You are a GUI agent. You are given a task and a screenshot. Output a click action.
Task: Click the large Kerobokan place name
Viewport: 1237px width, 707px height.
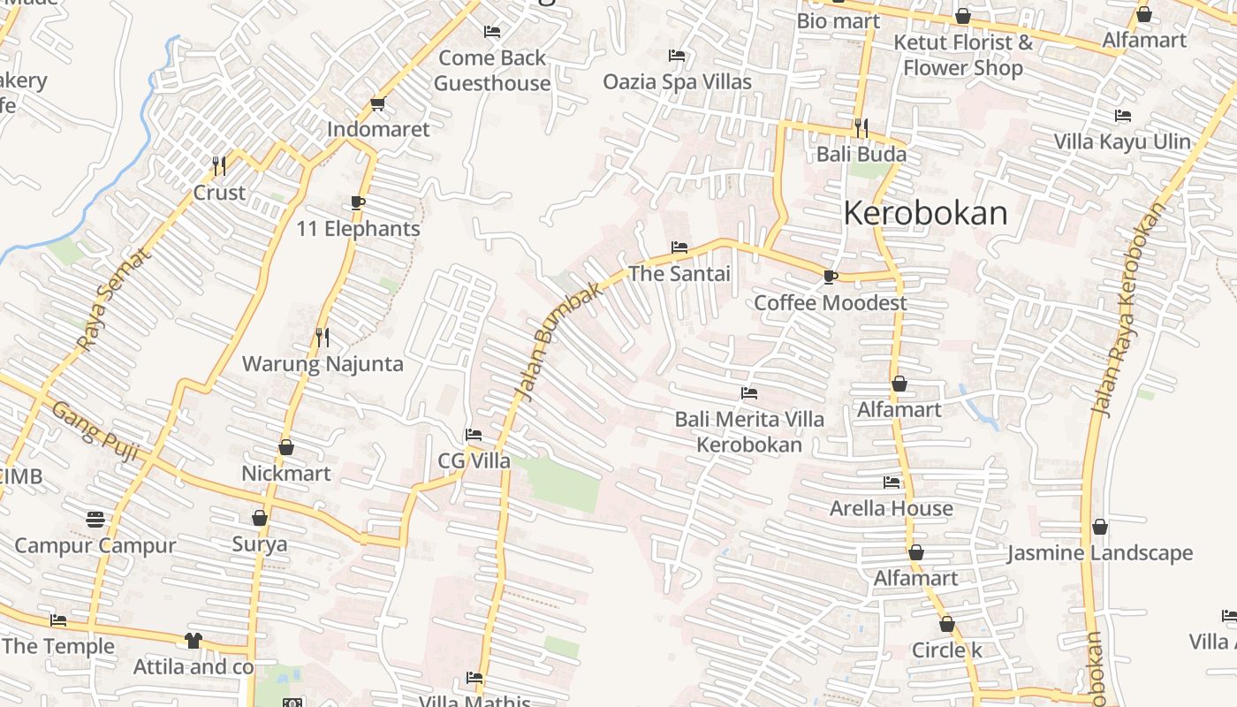click(x=925, y=213)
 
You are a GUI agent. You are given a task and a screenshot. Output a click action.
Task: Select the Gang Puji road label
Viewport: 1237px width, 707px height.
click(x=95, y=431)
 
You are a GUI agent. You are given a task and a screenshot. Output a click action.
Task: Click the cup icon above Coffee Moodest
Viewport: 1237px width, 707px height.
click(x=830, y=277)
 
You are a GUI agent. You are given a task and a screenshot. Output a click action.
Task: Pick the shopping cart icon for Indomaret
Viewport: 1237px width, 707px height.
click(x=378, y=104)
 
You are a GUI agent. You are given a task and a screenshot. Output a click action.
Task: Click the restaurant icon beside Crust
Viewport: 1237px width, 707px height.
click(x=219, y=165)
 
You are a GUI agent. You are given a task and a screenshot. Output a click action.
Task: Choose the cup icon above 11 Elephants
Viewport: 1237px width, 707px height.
click(x=358, y=202)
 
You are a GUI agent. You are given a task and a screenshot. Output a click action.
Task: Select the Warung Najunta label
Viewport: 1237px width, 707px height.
click(x=323, y=363)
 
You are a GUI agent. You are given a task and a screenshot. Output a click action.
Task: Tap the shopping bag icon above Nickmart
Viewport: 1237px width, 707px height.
click(x=286, y=447)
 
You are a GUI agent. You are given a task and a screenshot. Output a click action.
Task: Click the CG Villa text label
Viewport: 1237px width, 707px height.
click(x=474, y=460)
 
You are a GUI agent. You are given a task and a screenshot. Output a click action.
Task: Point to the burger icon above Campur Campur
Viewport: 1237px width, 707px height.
click(x=95, y=519)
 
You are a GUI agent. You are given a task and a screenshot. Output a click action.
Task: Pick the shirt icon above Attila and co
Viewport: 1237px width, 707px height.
click(x=194, y=641)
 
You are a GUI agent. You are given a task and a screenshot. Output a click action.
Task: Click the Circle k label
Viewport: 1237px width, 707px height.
click(x=947, y=650)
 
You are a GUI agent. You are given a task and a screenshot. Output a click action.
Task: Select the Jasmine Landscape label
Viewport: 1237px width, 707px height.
click(x=1100, y=553)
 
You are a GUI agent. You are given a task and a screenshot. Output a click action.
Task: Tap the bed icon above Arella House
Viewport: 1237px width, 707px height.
click(x=892, y=483)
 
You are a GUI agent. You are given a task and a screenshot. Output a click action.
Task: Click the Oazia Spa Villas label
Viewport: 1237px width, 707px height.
click(x=677, y=81)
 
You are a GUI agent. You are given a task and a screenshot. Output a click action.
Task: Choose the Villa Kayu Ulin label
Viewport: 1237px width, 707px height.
click(x=1122, y=141)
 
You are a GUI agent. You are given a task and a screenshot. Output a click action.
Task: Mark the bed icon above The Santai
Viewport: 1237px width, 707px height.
click(x=679, y=247)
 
